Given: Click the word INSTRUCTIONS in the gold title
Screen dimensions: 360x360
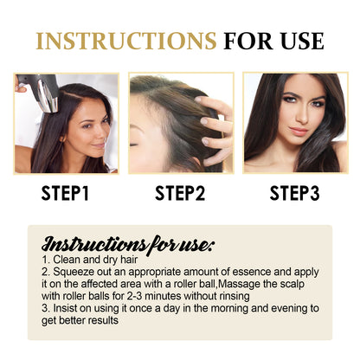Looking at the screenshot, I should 125,41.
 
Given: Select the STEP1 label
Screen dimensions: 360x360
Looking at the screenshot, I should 63,193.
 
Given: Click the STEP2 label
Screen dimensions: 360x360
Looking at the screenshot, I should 179,193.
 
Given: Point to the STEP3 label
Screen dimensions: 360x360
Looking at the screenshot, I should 297,193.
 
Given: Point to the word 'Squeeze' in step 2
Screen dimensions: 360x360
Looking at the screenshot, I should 74,271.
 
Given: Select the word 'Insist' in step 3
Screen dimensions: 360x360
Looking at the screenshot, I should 66,306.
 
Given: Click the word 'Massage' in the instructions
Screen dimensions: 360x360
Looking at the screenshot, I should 257,283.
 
